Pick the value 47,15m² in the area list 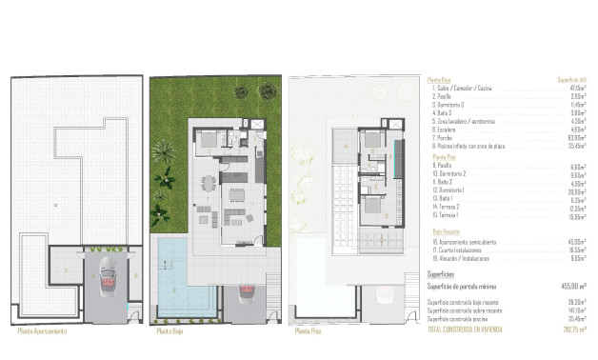pyautogui.click(x=577, y=89)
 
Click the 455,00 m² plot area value pyautogui.click(x=570, y=285)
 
